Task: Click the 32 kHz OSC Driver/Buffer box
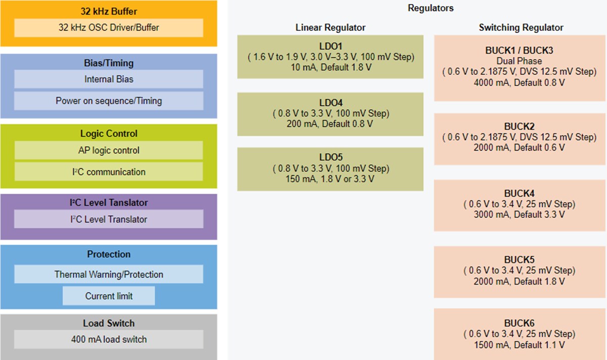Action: (109, 28)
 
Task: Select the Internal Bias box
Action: (109, 79)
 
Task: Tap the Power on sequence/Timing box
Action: (109, 101)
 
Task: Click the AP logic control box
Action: (109, 150)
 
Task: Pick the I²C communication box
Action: (109, 172)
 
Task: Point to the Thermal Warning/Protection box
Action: (109, 275)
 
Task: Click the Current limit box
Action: (109, 296)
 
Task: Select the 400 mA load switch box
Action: (109, 339)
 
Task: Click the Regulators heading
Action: (430, 8)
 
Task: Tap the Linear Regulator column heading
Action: (330, 27)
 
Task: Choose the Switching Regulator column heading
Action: (521, 27)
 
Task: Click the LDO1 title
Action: (330, 47)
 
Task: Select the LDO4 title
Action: (330, 103)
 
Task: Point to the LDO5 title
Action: (330, 157)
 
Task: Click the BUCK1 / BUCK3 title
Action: (519, 50)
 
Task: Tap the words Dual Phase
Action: (519, 61)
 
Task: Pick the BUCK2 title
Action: (519, 126)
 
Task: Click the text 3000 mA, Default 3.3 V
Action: (519, 215)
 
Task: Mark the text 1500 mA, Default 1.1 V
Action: (519, 345)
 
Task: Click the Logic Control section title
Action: (109, 133)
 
